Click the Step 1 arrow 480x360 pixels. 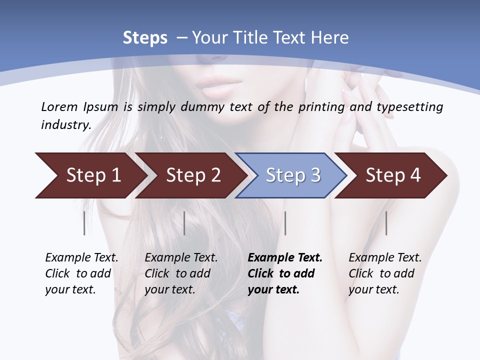90,175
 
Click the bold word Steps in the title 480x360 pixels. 145,38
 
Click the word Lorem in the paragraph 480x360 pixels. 59,106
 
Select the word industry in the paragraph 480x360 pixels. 65,124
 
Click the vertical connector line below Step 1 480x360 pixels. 84,223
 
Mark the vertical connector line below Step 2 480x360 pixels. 184,223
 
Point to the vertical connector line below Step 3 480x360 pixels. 285,223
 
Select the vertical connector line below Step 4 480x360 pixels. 386,223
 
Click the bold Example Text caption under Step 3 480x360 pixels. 285,273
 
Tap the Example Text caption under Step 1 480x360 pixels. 81,273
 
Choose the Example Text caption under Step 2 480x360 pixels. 181,273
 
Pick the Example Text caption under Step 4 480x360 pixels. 385,273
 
